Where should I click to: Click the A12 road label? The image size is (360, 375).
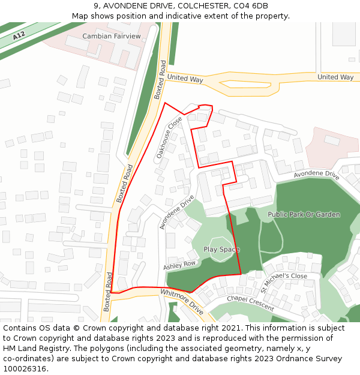pyautogui.click(x=19, y=36)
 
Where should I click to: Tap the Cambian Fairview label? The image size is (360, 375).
pyautogui.click(x=112, y=37)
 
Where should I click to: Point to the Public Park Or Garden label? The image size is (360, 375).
pyautogui.click(x=304, y=214)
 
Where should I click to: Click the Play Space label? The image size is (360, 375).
pyautogui.click(x=221, y=250)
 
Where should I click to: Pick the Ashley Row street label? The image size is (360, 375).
pyautogui.click(x=179, y=265)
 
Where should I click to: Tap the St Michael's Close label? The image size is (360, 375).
pyautogui.click(x=283, y=276)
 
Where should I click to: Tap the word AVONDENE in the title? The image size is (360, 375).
pyautogui.click(x=124, y=6)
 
